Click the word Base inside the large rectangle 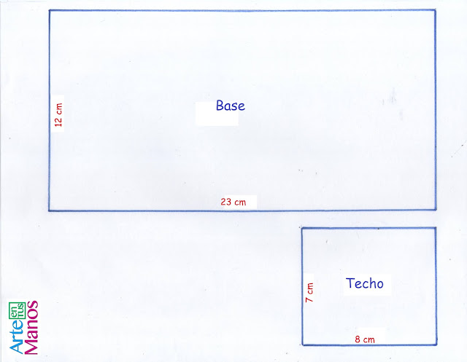pyautogui.click(x=230, y=106)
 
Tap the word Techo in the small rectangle pyautogui.click(x=364, y=283)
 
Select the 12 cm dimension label pyautogui.click(x=59, y=115)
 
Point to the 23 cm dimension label pyautogui.click(x=233, y=202)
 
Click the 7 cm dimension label pyautogui.click(x=309, y=292)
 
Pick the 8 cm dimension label pyautogui.click(x=365, y=339)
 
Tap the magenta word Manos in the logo pyautogui.click(x=31, y=327)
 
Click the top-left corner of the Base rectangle pyautogui.click(x=50, y=11)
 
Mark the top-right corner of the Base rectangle pyautogui.click(x=436, y=11)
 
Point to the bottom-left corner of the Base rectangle pyautogui.click(x=50, y=210)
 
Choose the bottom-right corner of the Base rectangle pyautogui.click(x=436, y=210)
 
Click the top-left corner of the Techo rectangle pyautogui.click(x=302, y=228)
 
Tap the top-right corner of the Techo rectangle pyautogui.click(x=436, y=228)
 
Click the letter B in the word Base pyautogui.click(x=220, y=106)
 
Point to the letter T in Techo pyautogui.click(x=350, y=283)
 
